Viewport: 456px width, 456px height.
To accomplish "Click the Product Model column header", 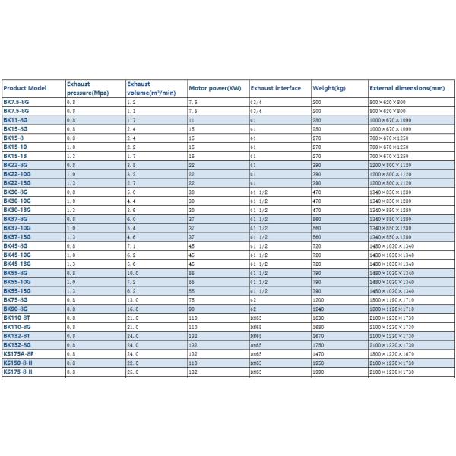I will (x=25, y=87).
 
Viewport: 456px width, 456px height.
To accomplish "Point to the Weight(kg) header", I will (x=328, y=87).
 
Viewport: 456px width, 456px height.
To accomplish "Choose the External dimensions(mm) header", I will (x=407, y=87).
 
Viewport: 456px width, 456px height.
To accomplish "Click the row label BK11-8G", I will (x=16, y=120).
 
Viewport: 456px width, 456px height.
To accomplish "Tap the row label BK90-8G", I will (x=16, y=309).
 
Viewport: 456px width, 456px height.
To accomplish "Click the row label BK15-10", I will (x=15, y=147).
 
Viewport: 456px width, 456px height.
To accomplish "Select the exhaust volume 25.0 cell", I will (x=132, y=372).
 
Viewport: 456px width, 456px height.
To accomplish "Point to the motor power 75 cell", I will (x=192, y=300).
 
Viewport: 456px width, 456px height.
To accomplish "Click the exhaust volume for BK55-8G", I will (x=132, y=273).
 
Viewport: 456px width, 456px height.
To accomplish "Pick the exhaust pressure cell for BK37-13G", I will (x=71, y=237).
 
